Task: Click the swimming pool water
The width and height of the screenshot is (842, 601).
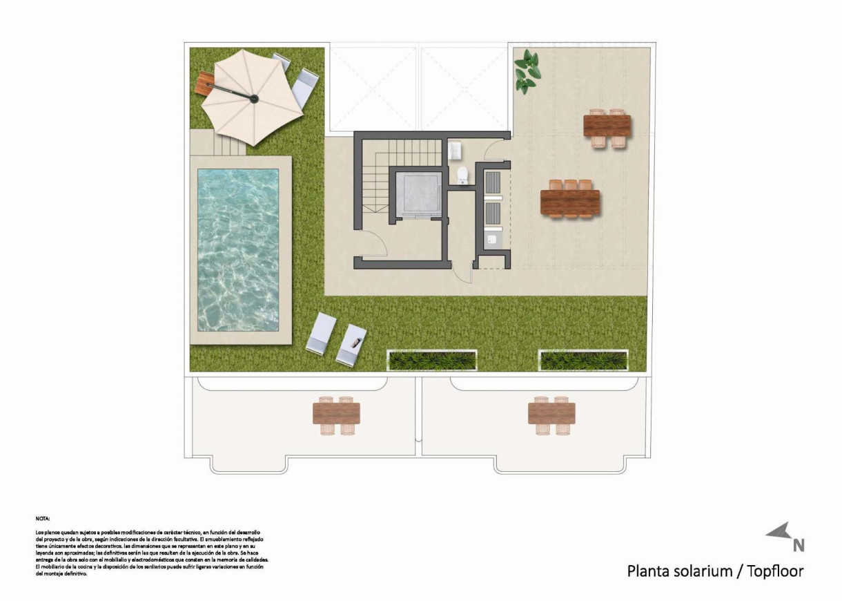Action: tap(238, 249)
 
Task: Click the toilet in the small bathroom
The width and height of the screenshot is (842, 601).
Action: tap(462, 176)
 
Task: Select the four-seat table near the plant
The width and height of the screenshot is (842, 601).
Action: tap(607, 126)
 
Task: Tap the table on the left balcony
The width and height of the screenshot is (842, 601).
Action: tap(336, 414)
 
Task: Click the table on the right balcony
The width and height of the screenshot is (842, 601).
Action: tap(551, 414)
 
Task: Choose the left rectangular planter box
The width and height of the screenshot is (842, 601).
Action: tap(432, 360)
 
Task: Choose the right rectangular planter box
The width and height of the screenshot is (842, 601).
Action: tap(583, 360)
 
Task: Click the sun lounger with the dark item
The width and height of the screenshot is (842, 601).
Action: tap(352, 343)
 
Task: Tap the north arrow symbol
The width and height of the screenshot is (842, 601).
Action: tap(778, 531)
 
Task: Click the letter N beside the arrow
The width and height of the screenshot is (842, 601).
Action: tap(799, 545)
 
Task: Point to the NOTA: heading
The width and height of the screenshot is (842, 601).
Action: tap(43, 517)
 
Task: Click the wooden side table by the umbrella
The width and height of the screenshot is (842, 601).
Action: tap(205, 85)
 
